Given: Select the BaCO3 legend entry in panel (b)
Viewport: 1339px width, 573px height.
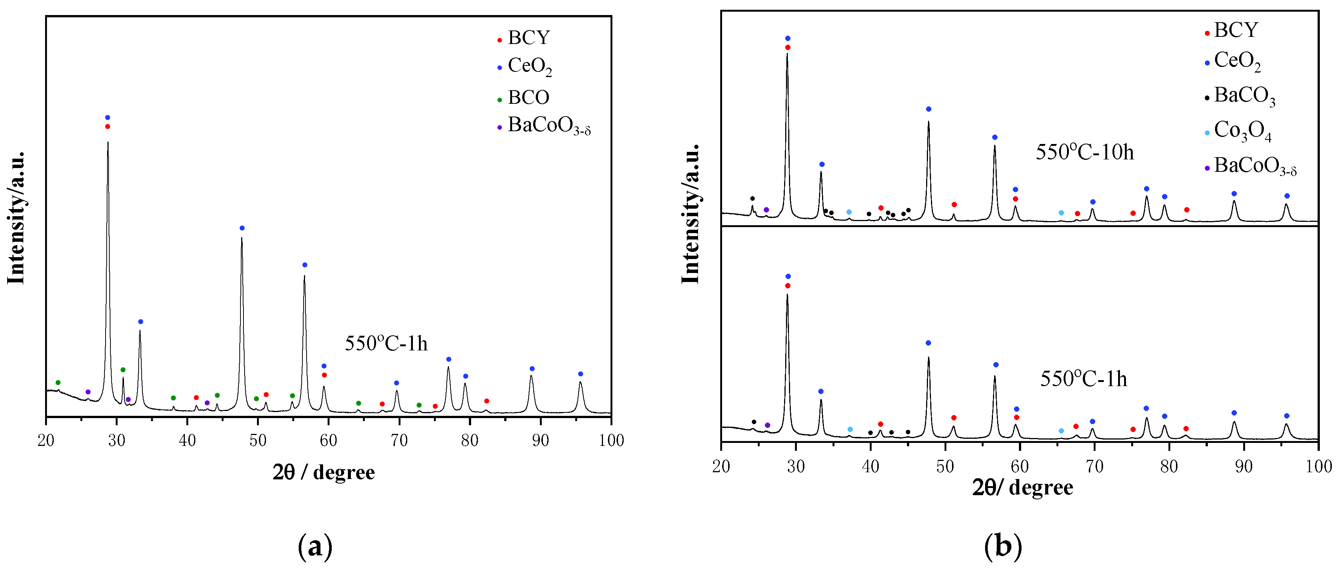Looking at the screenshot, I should [x=1244, y=96].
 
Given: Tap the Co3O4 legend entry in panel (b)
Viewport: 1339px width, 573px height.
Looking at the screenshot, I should [x=1242, y=131].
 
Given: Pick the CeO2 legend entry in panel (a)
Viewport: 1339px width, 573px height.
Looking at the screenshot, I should [x=529, y=67].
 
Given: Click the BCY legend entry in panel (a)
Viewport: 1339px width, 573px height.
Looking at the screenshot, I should [x=528, y=38].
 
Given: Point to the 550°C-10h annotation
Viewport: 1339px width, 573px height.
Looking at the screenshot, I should [x=1084, y=152].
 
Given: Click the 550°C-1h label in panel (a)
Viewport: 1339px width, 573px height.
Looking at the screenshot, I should [x=386, y=344].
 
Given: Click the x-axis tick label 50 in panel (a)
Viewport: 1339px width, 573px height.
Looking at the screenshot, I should [x=258, y=440].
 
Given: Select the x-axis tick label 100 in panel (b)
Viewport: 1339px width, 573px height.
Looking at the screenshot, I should [x=1318, y=466].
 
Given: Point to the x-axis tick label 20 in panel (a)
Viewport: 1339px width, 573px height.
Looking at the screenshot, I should [x=46, y=440].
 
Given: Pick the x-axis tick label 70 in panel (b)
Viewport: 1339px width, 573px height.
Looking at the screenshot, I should [x=1095, y=466].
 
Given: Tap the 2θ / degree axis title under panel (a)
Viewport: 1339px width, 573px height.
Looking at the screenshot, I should [x=323, y=472].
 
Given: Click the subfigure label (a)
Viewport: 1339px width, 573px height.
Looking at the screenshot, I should [x=315, y=546].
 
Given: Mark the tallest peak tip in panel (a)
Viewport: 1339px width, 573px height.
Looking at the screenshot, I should [x=107, y=142].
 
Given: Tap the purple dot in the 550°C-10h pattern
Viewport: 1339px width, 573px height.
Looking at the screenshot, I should [x=766, y=209].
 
